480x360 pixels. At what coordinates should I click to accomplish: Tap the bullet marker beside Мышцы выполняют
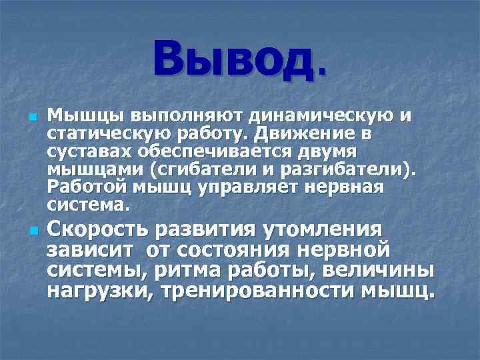coord(31,118)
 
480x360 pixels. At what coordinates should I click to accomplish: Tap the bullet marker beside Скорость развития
coord(31,231)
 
